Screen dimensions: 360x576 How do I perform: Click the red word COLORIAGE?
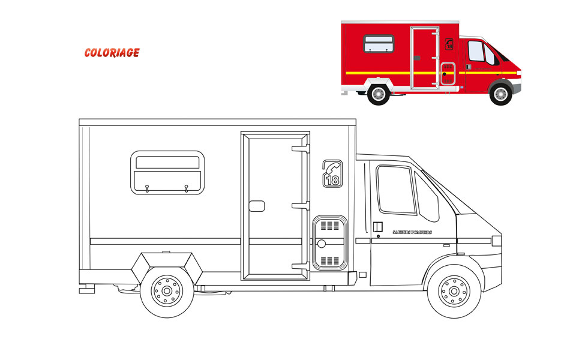tap(112, 53)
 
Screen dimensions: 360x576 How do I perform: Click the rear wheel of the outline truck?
tap(167, 292)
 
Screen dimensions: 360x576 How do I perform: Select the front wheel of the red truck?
tap(500, 94)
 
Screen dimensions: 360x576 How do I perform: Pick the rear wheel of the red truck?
tap(378, 94)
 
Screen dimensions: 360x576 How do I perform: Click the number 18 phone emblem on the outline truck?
tap(332, 174)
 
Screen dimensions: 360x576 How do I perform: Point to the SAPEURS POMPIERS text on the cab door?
tap(412, 232)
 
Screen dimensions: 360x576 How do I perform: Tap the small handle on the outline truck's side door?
tap(257, 206)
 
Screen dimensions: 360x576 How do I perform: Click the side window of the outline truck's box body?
tap(167, 172)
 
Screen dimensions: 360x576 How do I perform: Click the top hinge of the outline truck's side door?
tap(299, 148)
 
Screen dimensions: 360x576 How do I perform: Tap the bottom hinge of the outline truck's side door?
tap(299, 266)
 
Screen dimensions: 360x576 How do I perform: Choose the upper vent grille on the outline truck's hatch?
tap(329, 226)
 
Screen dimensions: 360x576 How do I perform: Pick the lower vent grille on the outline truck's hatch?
tap(329, 260)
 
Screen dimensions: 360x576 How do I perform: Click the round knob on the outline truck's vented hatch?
tap(321, 244)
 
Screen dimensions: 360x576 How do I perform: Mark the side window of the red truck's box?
tap(379, 43)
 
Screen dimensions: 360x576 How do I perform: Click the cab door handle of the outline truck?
tap(377, 227)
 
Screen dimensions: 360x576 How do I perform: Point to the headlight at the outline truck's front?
tap(496, 241)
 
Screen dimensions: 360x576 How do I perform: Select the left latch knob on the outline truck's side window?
tap(147, 189)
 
